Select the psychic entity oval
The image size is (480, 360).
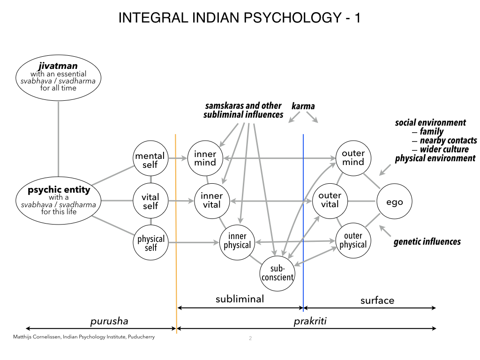click(59, 201)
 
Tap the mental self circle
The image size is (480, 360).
click(150, 160)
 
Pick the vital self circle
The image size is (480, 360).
click(150, 201)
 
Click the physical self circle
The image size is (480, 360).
click(150, 242)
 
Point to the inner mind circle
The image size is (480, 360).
click(205, 158)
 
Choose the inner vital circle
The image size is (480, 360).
click(211, 201)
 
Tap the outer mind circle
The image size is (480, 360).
click(353, 158)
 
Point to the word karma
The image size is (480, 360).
click(303, 106)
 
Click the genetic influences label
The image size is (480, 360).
click(427, 242)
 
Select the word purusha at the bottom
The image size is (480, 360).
click(109, 321)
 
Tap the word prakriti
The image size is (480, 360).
click(309, 321)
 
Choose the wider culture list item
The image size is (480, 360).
click(444, 150)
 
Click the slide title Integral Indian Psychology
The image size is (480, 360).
click(240, 18)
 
